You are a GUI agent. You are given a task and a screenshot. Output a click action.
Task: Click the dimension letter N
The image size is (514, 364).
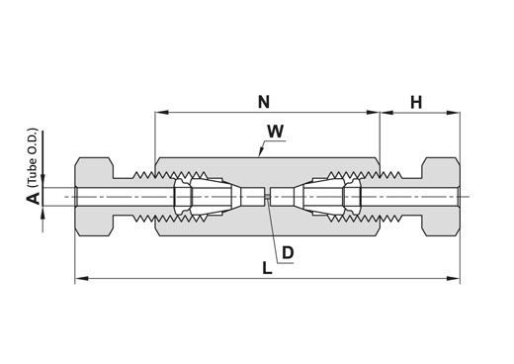(264, 102)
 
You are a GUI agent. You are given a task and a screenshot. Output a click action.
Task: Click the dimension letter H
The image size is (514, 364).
(416, 102)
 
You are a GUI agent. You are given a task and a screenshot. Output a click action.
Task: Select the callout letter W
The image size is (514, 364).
(276, 132)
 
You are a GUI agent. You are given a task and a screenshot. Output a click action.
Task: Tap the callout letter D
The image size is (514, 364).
(288, 253)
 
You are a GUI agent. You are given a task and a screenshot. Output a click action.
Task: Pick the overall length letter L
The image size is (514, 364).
(267, 268)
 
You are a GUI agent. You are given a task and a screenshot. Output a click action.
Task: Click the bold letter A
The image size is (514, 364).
(33, 199)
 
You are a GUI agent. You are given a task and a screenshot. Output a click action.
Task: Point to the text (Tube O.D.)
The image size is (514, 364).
(33, 158)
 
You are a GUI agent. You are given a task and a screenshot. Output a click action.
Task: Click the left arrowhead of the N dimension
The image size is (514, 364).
(162, 113)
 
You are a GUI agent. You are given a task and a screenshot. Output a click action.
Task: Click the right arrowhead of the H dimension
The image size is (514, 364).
(453, 113)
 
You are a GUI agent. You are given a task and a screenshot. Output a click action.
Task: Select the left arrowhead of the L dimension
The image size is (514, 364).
(82, 279)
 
